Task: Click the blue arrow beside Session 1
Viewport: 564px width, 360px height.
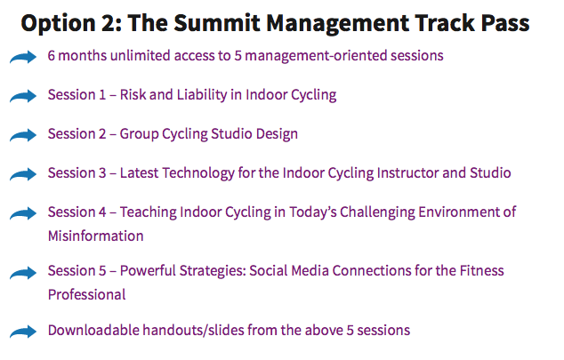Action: pos(23,96)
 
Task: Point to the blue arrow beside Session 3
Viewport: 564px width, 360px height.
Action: pos(23,174)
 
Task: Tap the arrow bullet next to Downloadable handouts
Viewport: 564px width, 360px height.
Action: pos(23,332)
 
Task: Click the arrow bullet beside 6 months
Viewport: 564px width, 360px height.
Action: pos(23,57)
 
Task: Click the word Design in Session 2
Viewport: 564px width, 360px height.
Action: pos(277,134)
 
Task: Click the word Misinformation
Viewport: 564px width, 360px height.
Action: pos(96,236)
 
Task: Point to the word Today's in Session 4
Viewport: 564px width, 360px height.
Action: pos(313,212)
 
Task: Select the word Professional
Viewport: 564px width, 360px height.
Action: pos(86,294)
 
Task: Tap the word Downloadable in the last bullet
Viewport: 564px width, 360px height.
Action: pos(93,330)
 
